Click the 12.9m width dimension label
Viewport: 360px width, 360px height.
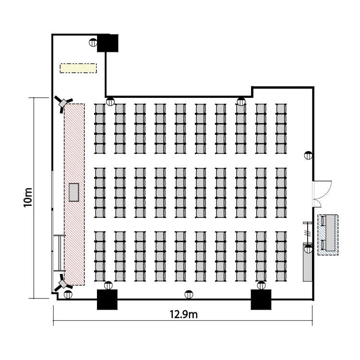click(183, 314)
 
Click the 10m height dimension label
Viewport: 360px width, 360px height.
click(28, 197)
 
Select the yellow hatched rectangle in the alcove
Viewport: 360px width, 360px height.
click(78, 68)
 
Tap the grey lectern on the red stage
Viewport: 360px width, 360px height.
click(74, 192)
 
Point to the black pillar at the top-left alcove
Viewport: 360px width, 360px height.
click(108, 43)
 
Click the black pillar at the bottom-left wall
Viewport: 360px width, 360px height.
click(107, 300)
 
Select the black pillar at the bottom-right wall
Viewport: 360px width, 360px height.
click(261, 300)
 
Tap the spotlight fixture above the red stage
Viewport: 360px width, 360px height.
click(63, 104)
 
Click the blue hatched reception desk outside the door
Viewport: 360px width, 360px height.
click(328, 235)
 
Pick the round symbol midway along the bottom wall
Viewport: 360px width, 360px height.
click(189, 294)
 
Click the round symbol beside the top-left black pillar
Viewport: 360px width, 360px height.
click(93, 42)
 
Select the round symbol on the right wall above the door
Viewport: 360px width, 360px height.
click(308, 156)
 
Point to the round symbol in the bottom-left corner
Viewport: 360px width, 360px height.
click(68, 294)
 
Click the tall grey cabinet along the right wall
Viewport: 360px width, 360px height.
click(307, 263)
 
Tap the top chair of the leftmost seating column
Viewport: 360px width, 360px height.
click(100, 108)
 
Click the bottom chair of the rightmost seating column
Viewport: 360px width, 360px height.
click(281, 276)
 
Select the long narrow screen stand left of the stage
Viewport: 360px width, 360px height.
click(60, 253)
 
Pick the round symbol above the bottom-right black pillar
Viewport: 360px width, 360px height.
click(261, 286)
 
